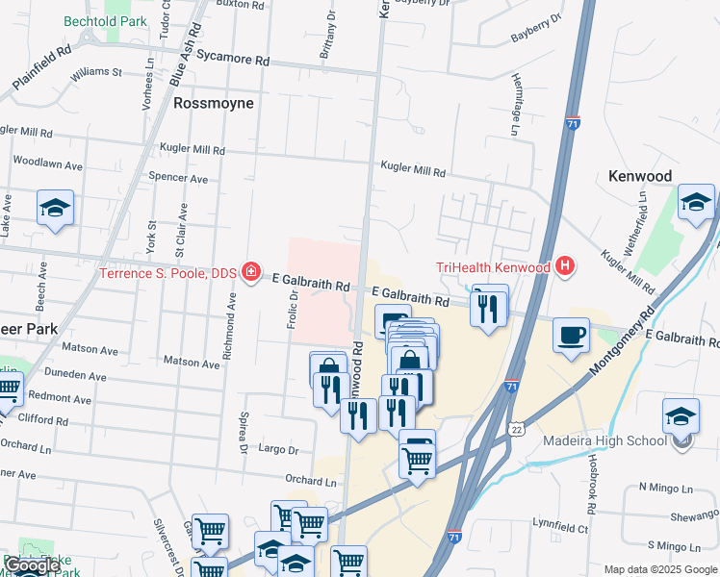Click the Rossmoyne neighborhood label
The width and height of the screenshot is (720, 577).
(213, 103)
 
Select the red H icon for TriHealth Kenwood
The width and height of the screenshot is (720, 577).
(565, 266)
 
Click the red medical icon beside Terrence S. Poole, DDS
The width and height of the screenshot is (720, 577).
(252, 273)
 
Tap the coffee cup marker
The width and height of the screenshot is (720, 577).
(572, 336)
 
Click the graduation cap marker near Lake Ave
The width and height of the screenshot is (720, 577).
(56, 208)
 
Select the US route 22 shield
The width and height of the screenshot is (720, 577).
(517, 427)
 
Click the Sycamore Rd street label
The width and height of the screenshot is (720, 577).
(233, 58)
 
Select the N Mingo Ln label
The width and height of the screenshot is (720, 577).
(665, 487)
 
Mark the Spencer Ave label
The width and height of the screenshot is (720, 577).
(178, 178)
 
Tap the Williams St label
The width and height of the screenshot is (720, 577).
(95, 71)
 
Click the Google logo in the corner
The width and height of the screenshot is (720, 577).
(32, 565)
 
